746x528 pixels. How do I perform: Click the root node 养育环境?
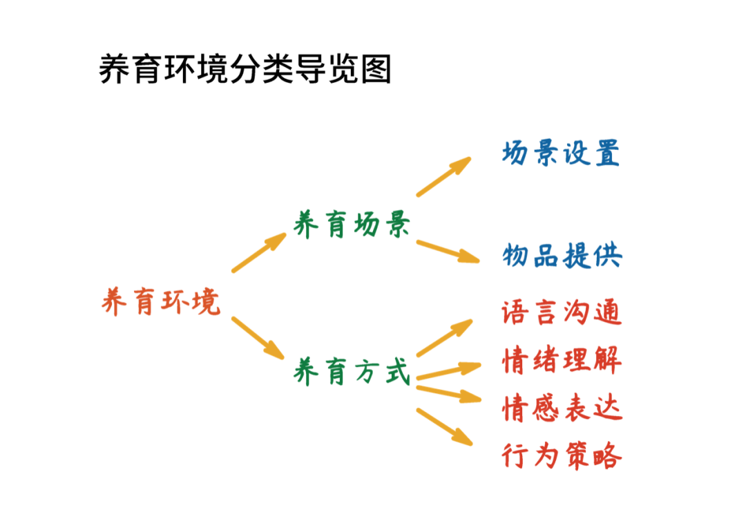tap(161, 302)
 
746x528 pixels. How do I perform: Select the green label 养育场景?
tap(352, 225)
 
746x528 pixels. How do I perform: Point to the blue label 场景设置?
tap(561, 153)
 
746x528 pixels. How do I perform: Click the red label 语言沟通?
tap(562, 312)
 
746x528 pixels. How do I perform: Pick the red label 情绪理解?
tap(562, 361)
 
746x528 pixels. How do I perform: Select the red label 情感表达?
tap(562, 408)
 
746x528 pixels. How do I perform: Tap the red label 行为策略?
tap(562, 457)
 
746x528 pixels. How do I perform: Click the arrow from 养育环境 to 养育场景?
tap(258, 253)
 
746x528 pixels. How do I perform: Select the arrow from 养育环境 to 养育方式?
tap(257, 337)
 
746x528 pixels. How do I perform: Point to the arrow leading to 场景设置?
tap(443, 177)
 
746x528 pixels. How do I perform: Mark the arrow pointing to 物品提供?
tap(447, 251)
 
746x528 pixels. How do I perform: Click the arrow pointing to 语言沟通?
tap(444, 338)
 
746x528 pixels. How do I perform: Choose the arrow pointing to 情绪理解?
tap(448, 371)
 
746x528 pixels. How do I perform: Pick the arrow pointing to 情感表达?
tap(448, 393)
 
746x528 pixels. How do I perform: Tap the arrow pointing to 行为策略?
tap(444, 426)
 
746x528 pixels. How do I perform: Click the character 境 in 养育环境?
tap(206, 302)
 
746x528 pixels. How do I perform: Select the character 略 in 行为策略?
tap(608, 457)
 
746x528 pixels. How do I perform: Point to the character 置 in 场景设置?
tap(606, 153)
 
